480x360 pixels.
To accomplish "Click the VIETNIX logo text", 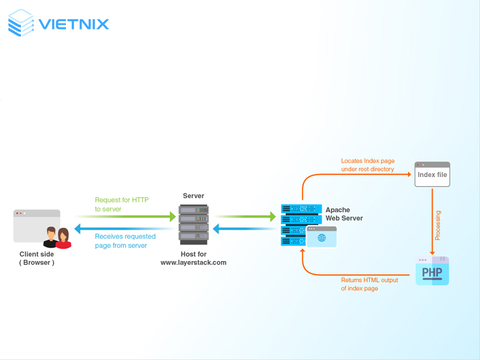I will pyautogui.click(x=74, y=25).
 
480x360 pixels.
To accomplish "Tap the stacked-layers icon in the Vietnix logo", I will pyautogui.click(x=22, y=23).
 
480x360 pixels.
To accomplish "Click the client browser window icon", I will pyautogui.click(x=36, y=225).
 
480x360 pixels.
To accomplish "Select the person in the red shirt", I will pyautogui.click(x=63, y=239).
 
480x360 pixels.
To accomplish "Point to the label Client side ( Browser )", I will pyautogui.click(x=37, y=258).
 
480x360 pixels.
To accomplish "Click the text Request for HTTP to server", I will pyautogui.click(x=122, y=204).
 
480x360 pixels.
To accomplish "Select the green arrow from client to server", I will pyautogui.click(x=126, y=216).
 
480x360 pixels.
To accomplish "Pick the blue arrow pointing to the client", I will pyautogui.click(x=126, y=229).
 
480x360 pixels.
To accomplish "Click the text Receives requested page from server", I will pyautogui.click(x=125, y=241).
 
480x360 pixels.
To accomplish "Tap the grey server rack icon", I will pyautogui.click(x=193, y=224).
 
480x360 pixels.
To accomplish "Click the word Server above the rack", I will pyautogui.click(x=193, y=196).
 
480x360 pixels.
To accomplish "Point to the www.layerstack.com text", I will pyautogui.click(x=193, y=263).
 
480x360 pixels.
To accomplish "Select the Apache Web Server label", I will pyautogui.click(x=344, y=214).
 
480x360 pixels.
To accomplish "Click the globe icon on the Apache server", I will pyautogui.click(x=322, y=238).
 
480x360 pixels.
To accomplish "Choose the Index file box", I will pyautogui.click(x=432, y=175).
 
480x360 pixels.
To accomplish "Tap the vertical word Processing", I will pyautogui.click(x=438, y=225).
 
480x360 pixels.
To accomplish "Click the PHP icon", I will pyautogui.click(x=432, y=271).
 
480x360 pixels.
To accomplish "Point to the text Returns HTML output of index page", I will pyautogui.click(x=369, y=284).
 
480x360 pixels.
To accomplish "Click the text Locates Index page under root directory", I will pyautogui.click(x=368, y=165).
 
